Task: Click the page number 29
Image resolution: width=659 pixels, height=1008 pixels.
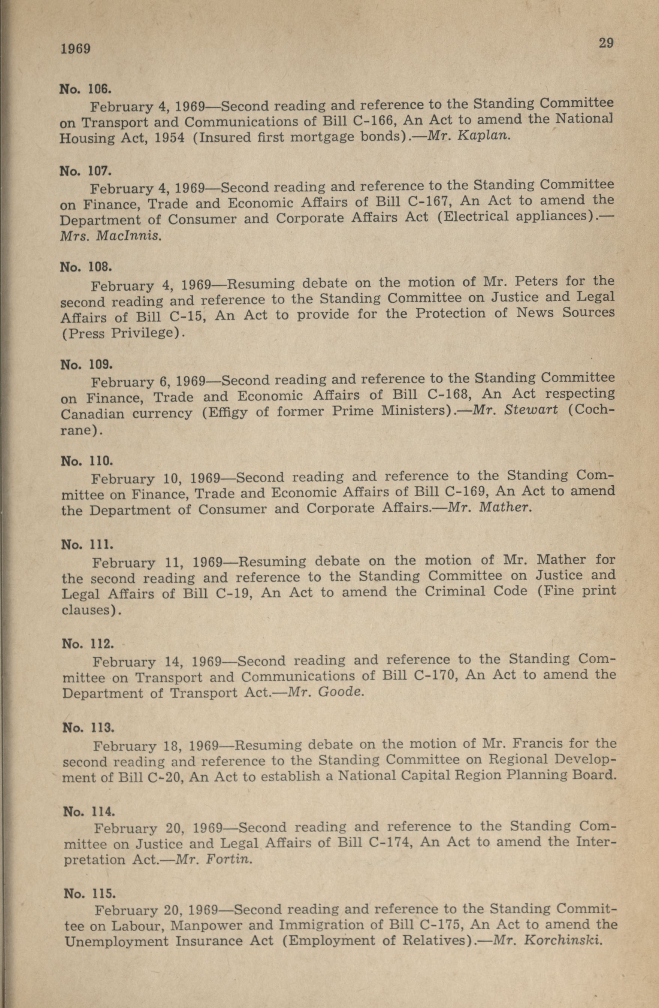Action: coord(606,43)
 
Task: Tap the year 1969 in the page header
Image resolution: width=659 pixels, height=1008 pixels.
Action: coord(75,49)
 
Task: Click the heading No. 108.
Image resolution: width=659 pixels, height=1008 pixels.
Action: coord(86,267)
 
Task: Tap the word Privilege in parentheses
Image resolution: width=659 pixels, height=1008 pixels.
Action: coord(143,333)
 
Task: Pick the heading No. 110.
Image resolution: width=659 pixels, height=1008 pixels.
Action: coord(87,461)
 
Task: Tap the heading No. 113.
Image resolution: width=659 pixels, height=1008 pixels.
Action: coord(88,728)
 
